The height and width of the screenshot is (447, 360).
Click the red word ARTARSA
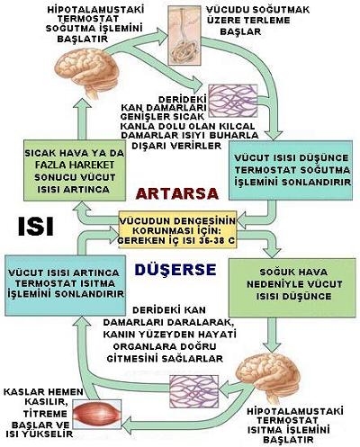(177, 193)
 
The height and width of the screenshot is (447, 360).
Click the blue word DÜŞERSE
(175, 270)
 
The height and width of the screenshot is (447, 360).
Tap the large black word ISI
(36, 226)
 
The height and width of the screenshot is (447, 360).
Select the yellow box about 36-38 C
(177, 230)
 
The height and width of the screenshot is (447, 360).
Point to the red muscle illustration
(96, 415)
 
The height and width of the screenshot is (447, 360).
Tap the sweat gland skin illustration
(184, 36)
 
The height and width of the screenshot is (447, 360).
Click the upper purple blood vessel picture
(233, 101)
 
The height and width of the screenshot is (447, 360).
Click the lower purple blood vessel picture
(193, 391)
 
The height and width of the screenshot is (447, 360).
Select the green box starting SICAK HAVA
(75, 171)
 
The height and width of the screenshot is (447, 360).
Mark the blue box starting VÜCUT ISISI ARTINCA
(65, 285)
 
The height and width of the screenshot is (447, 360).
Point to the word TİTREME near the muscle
(45, 414)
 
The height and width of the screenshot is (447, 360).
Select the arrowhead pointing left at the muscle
(127, 425)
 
